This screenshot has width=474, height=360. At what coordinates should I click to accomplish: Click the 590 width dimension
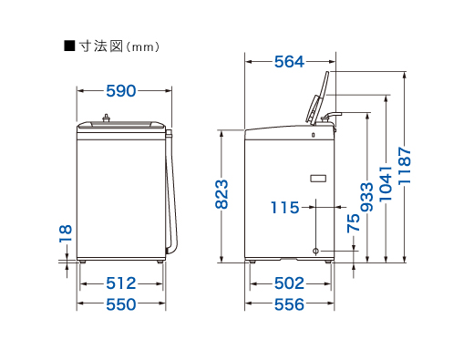[121, 91]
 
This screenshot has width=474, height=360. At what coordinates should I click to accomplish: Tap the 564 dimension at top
[289, 62]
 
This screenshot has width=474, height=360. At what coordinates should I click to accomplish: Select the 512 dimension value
[121, 283]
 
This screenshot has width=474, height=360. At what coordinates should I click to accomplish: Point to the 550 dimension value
[121, 304]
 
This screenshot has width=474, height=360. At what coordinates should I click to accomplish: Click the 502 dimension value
[289, 283]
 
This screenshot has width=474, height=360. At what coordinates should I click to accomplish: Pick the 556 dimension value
[289, 304]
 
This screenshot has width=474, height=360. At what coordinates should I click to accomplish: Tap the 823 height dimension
[222, 194]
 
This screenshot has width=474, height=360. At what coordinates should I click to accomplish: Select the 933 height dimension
[367, 197]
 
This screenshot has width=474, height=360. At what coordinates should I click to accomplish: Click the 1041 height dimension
[386, 183]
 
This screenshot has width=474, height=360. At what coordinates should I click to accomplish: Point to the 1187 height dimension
[405, 166]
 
